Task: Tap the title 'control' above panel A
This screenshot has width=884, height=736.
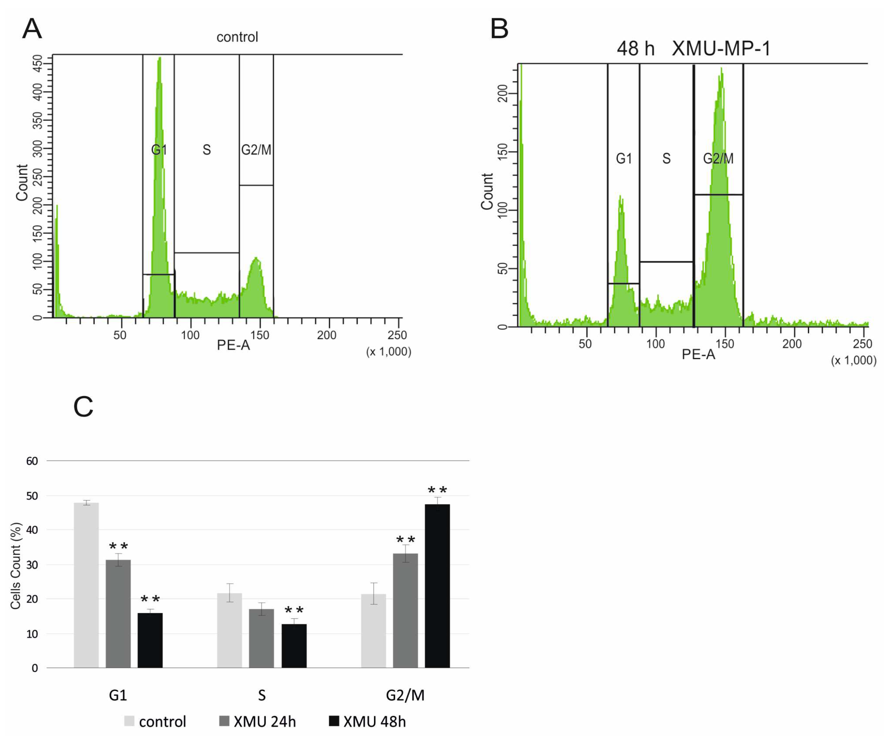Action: pyautogui.click(x=237, y=37)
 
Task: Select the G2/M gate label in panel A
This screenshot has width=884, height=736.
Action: pyautogui.click(x=256, y=149)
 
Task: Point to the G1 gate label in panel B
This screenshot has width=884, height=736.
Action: pyautogui.click(x=624, y=159)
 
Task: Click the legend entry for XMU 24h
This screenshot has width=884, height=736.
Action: pyautogui.click(x=258, y=721)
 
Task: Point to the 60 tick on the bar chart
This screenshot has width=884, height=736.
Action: pyautogui.click(x=32, y=461)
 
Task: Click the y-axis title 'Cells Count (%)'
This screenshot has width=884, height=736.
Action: pyautogui.click(x=16, y=566)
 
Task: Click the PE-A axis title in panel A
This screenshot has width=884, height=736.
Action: pyautogui.click(x=233, y=345)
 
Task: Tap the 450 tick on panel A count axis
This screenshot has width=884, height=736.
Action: pyautogui.click(x=38, y=64)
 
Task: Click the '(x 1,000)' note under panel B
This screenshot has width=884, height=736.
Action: pyautogui.click(x=853, y=360)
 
